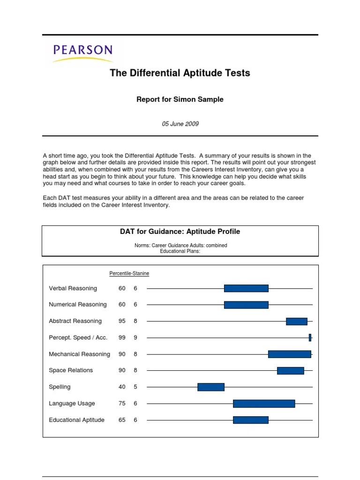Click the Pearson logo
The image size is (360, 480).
click(82, 53)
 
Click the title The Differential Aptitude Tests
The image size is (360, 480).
click(180, 73)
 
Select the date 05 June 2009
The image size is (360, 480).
click(180, 124)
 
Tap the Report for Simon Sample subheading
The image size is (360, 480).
click(180, 99)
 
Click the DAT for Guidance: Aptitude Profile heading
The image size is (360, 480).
click(180, 232)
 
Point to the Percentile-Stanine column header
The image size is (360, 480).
click(129, 273)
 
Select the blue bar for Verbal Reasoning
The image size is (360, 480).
click(246, 288)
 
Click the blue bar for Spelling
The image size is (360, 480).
click(211, 387)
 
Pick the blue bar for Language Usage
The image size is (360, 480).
click(264, 404)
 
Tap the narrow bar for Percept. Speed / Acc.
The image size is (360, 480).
click(310, 337)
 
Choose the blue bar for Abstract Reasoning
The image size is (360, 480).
click(297, 321)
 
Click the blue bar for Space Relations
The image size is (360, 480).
click(291, 370)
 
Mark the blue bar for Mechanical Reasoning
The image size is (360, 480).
click(290, 354)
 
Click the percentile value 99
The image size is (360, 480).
click(122, 337)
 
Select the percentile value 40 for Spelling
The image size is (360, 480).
click(122, 387)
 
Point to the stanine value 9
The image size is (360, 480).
click(135, 337)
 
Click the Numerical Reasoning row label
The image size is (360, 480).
click(78, 305)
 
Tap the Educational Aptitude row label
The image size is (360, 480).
click(77, 420)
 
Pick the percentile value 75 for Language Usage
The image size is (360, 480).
click(122, 404)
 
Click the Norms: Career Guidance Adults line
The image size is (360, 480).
click(180, 245)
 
